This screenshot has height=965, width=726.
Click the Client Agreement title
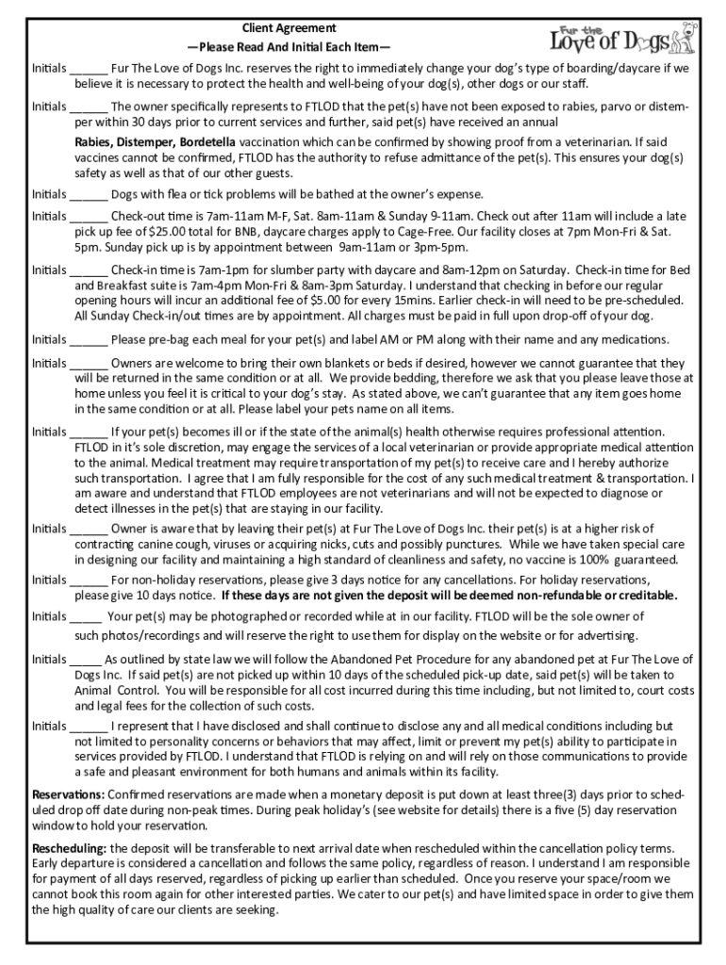coord(289,28)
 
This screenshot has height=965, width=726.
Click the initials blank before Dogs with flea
coord(89,195)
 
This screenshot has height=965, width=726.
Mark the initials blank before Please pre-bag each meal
coord(89,340)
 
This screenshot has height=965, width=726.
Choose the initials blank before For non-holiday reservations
coord(89,580)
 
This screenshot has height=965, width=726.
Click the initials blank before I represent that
coord(89,727)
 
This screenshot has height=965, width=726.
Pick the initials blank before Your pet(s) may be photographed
coord(86,616)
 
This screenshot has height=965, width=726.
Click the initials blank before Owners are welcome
coord(89,363)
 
